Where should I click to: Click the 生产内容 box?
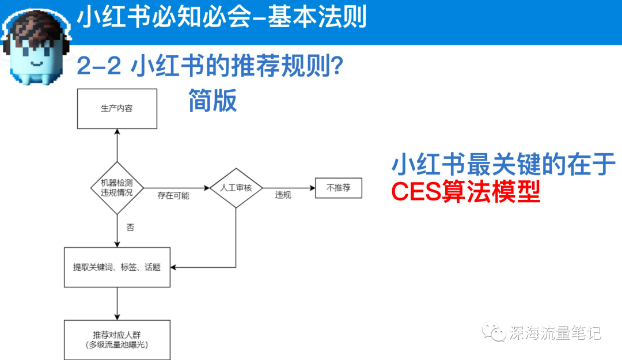117,108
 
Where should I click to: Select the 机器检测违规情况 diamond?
117,187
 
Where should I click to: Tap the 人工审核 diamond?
236,188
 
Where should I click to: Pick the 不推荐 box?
339,188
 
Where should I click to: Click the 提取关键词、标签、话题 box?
117,267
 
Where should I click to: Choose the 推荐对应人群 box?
117,339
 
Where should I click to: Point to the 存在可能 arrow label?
173,195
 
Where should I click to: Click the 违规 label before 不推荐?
283,195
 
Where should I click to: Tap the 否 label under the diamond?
130,228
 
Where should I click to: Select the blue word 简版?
213,101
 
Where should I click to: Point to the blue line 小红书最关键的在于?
503,165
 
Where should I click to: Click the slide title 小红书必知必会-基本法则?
222,17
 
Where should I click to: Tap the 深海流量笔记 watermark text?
555,332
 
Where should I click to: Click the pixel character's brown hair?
37,26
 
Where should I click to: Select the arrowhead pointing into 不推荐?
313,188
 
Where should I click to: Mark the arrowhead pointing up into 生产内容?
117,132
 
